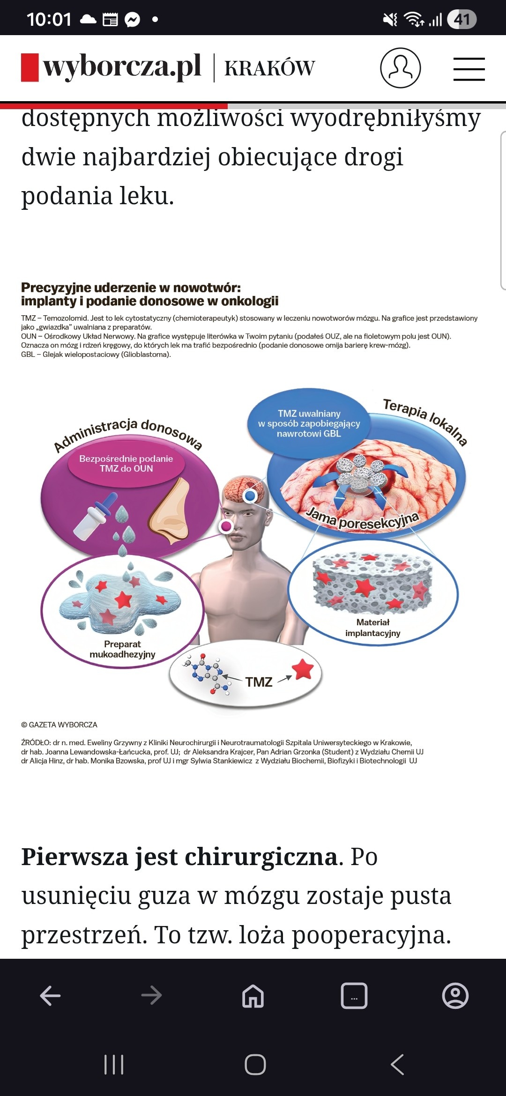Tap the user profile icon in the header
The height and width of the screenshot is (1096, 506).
pos(400,67)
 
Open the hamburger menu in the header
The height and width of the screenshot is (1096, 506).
pos(469,69)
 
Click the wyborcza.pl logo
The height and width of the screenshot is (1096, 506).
pos(112,67)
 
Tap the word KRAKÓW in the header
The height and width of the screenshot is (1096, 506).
pos(269,68)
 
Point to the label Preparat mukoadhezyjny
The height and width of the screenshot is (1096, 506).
pos(122,649)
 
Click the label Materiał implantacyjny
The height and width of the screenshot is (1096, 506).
pos(373,628)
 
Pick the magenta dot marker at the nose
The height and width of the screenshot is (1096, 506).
pos(226,526)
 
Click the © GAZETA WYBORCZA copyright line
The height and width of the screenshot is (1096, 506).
pos(59,725)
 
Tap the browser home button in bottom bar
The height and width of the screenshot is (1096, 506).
pos(253,995)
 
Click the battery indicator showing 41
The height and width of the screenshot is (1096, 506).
pos(461,19)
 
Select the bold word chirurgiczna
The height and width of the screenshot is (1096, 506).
pos(261,857)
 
